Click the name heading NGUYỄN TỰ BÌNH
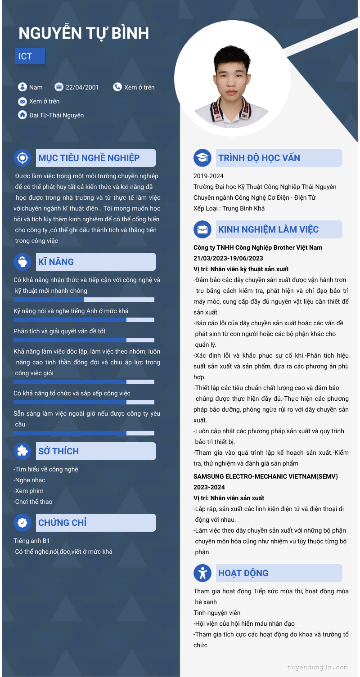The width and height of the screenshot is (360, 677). click(84, 33)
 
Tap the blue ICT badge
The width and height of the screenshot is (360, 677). click(30, 56)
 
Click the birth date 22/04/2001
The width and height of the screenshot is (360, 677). click(82, 87)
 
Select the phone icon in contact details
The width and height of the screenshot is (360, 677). click(117, 87)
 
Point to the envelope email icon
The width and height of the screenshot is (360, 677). click(22, 101)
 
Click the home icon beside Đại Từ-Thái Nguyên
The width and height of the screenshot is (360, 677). click(22, 115)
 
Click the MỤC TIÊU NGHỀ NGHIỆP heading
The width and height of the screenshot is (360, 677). click(89, 158)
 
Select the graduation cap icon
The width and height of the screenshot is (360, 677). click(202, 158)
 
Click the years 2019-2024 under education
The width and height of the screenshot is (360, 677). click(208, 176)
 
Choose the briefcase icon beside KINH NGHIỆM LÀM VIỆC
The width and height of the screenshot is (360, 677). click(202, 229)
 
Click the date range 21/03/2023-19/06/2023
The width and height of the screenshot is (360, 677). click(228, 258)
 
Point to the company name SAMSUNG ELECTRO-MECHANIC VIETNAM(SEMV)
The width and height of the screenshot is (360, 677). click(265, 476)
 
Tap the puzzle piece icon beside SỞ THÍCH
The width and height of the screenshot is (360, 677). click(22, 451)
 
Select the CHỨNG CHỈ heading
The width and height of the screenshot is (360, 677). click(62, 523)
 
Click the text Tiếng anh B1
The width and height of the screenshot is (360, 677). click(32, 541)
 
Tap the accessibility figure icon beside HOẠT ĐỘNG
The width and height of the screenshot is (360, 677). click(202, 573)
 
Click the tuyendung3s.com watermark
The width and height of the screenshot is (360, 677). click(317, 668)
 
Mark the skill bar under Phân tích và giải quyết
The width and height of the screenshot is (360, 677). click(84, 341)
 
